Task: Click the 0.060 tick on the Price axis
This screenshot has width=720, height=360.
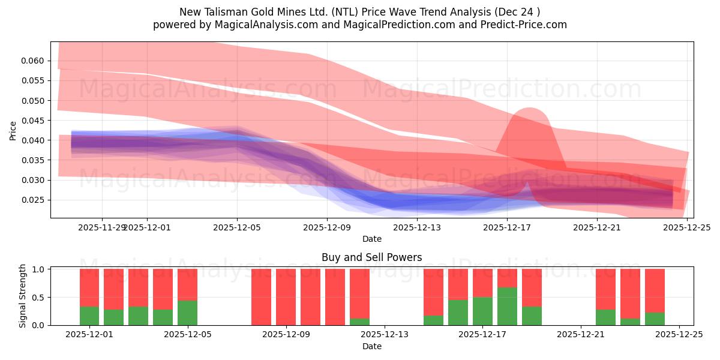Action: coord(34,61)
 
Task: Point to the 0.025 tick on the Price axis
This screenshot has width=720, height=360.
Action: coord(34,200)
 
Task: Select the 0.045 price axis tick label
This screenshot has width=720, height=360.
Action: coord(34,120)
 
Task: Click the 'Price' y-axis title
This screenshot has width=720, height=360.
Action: coord(13,130)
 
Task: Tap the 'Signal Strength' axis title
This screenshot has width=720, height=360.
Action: coord(23,296)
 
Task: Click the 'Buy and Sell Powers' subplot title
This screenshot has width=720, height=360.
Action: coord(371,257)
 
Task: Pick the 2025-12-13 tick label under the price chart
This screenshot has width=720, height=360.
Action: coord(417,227)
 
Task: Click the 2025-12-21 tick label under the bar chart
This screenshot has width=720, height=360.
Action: coord(581,335)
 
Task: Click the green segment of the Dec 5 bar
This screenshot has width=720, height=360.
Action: coord(187,313)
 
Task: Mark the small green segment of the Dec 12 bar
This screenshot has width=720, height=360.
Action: coord(359,322)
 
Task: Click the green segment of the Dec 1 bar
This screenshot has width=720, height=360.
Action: coord(89,316)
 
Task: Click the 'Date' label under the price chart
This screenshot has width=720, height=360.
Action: coord(371,239)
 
